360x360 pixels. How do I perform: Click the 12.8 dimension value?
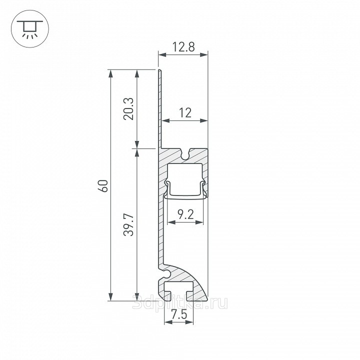pyautogui.click(x=183, y=47)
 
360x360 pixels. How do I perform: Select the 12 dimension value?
pyautogui.click(x=185, y=112)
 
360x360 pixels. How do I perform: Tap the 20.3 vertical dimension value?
pyautogui.click(x=128, y=109)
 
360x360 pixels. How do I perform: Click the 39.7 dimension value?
pyautogui.click(x=128, y=225)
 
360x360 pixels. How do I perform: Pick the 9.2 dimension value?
pyautogui.click(x=185, y=214)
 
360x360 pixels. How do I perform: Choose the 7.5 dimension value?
pyautogui.click(x=179, y=314)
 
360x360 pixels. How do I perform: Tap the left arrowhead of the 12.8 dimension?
pyautogui.click(x=162, y=54)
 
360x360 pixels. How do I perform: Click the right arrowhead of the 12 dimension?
pyautogui.click(x=204, y=120)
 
